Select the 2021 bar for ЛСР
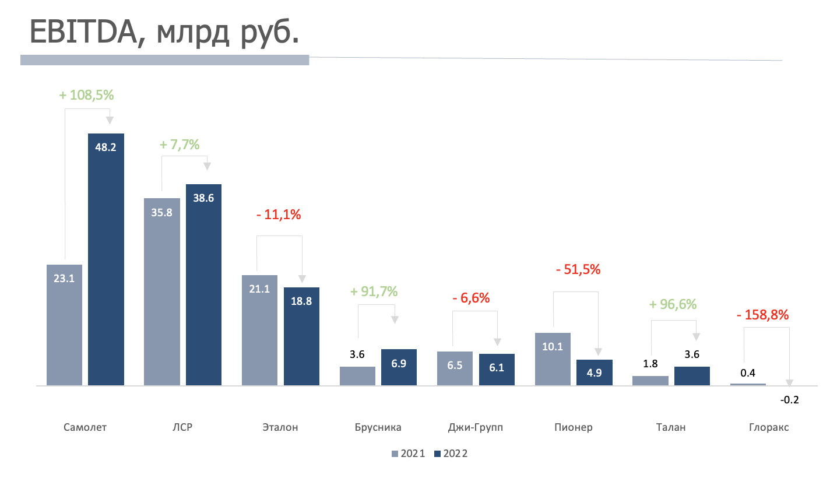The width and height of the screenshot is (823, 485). tap(161, 291)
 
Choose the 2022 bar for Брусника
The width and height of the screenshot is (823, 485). tap(399, 367)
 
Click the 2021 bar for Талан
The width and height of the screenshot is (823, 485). tap(650, 381)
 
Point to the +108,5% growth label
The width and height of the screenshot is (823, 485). tap(87, 95)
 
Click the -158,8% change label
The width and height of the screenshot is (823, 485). tap(762, 315)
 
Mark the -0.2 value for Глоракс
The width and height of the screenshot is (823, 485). tap(789, 400)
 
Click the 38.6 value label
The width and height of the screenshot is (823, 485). tap(203, 198)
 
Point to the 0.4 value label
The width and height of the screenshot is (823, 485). tap(748, 373)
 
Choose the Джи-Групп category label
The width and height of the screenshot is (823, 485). tap(476, 427)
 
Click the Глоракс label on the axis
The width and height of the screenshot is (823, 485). tap(769, 427)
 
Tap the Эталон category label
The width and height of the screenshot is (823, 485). tap(280, 427)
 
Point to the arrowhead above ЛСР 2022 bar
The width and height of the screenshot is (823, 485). tap(207, 167)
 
